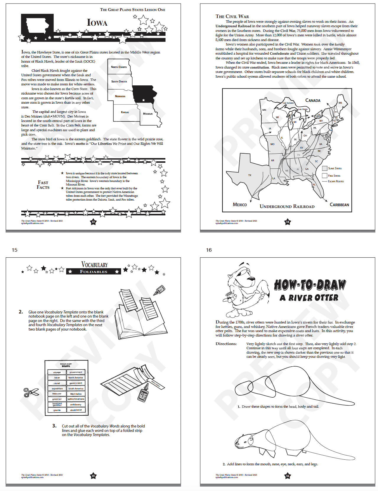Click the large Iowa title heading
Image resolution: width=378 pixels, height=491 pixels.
pyautogui.click(x=97, y=22)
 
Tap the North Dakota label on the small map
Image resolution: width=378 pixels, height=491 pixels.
pyautogui.click(x=119, y=67)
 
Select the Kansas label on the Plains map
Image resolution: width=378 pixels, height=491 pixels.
pyautogui.click(x=125, y=112)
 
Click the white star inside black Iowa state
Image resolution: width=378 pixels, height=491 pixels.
pyautogui.click(x=144, y=100)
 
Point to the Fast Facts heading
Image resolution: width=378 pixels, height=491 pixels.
pyautogui.click(x=43, y=185)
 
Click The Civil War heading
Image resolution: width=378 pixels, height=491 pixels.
pyautogui.click(x=232, y=17)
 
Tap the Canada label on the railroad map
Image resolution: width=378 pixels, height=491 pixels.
pyautogui.click(x=313, y=100)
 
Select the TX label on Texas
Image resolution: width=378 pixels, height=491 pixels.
pyautogui.click(x=250, y=175)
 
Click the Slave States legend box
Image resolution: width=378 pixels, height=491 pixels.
pyautogui.click(x=325, y=168)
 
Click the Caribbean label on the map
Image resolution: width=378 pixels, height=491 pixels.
pyautogui.click(x=339, y=205)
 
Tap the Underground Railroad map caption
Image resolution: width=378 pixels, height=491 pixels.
pyautogui.click(x=287, y=207)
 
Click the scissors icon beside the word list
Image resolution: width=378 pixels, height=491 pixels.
pyautogui.click(x=31, y=392)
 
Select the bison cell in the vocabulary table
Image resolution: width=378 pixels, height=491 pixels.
pyautogui.click(x=57, y=378)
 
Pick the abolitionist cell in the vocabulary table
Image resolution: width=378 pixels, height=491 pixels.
pyautogui.click(x=76, y=410)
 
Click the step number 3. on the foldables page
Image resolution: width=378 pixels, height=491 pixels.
pyautogui.click(x=54, y=426)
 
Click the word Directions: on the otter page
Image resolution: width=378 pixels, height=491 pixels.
pyautogui.click(x=226, y=344)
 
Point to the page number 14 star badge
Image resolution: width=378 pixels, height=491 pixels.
pyautogui.click(x=288, y=222)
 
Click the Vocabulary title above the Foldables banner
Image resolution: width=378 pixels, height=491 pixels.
pyautogui.click(x=94, y=264)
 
